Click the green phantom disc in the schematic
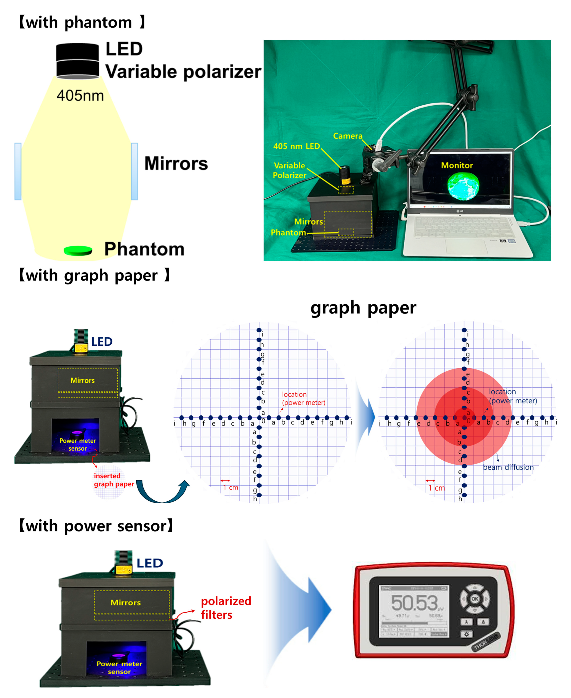[78, 251]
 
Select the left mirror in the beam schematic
[18, 171]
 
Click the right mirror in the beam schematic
[134, 171]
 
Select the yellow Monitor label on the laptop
[457, 165]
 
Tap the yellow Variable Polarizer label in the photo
[289, 170]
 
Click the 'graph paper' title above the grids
[363, 308]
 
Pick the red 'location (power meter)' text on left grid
[303, 398]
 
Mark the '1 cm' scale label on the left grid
[231, 487]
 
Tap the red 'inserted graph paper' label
[114, 480]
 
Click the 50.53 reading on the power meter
[414, 602]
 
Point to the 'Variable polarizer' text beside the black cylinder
[183, 72]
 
